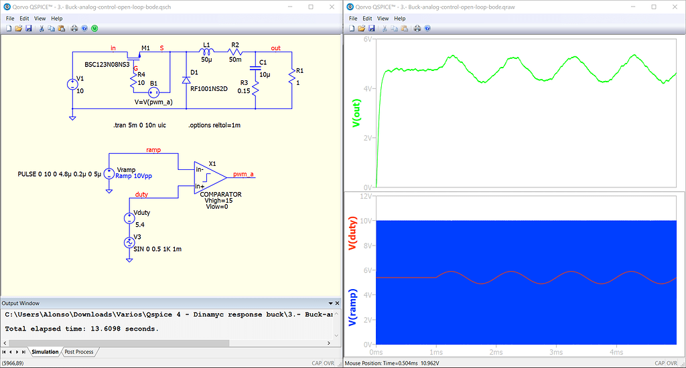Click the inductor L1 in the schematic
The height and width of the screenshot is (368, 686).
[206, 53]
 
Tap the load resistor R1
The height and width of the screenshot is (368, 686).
[292, 78]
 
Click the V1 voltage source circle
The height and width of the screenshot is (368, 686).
[72, 84]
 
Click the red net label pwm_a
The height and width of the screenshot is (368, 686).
[243, 175]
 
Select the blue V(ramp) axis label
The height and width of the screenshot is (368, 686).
[352, 308]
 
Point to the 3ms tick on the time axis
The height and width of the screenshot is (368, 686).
[555, 352]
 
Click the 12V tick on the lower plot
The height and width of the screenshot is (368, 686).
[366, 196]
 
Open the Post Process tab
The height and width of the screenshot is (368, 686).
[79, 351]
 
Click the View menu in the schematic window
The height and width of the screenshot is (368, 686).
[40, 19]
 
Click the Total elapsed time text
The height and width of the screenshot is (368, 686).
[81, 329]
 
